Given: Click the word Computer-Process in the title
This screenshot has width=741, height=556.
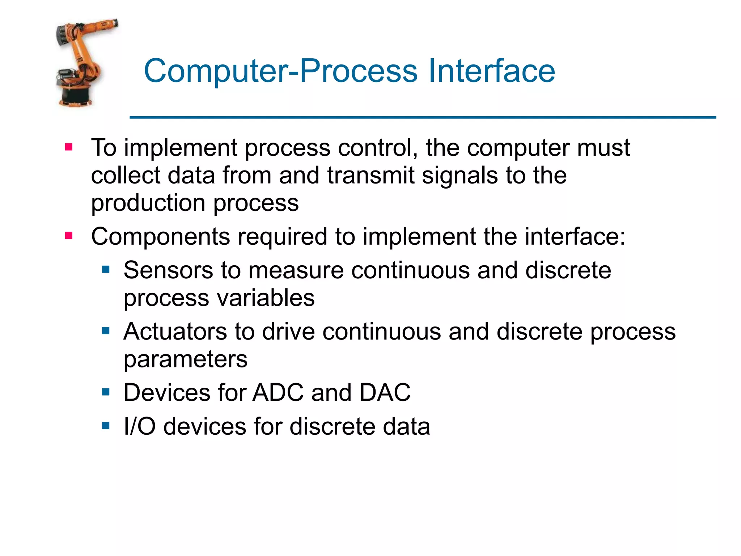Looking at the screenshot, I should point(281,71).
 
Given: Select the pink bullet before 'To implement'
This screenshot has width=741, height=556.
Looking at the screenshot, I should point(69,147).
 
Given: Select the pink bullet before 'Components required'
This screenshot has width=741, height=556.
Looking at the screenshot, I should point(69,236).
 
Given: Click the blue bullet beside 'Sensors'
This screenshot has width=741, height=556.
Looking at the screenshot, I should point(106,269).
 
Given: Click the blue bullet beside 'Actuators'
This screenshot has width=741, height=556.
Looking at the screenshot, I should point(106,330).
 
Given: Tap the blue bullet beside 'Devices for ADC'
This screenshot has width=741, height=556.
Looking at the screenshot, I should point(106,392).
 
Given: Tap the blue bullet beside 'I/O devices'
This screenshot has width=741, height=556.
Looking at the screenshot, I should point(106,425).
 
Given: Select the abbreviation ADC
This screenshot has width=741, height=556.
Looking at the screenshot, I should point(278,392).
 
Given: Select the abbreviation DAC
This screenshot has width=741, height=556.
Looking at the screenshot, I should point(385,392).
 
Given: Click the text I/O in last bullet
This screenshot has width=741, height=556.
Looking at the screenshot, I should point(139,426).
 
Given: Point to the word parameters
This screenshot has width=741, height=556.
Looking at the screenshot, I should point(185,360).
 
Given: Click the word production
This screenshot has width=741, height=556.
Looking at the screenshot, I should point(148,203).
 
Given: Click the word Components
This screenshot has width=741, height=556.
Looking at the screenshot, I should point(160,237).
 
